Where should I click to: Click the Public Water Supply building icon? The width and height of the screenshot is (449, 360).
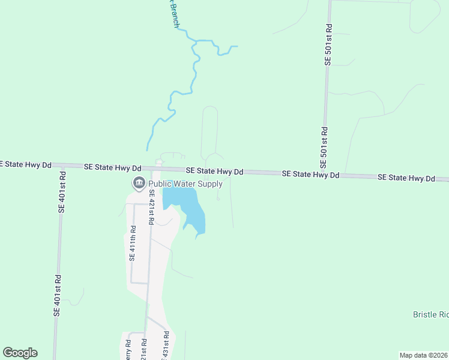[x=139, y=182]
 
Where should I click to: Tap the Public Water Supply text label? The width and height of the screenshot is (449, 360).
[x=185, y=184]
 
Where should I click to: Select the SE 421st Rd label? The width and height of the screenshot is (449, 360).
[x=152, y=207]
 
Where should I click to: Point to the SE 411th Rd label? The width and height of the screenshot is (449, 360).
[x=132, y=243]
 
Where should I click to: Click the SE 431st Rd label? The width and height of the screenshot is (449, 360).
[x=166, y=349]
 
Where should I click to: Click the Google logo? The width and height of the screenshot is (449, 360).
[x=20, y=353]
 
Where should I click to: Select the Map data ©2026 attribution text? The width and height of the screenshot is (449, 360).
[x=423, y=355]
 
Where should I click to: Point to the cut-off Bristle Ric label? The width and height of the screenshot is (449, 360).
[x=430, y=314]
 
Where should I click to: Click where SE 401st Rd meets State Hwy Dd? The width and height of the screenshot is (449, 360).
[x=62, y=166]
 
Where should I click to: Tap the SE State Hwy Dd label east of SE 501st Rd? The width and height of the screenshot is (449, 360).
[x=406, y=178]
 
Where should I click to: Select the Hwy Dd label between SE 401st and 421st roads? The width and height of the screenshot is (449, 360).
[x=112, y=167]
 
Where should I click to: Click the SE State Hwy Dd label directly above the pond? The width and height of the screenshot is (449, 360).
[x=214, y=171]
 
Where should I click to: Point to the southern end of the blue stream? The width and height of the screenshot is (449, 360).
[x=148, y=149]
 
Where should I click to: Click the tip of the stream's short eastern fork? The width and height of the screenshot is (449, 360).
[x=238, y=46]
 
